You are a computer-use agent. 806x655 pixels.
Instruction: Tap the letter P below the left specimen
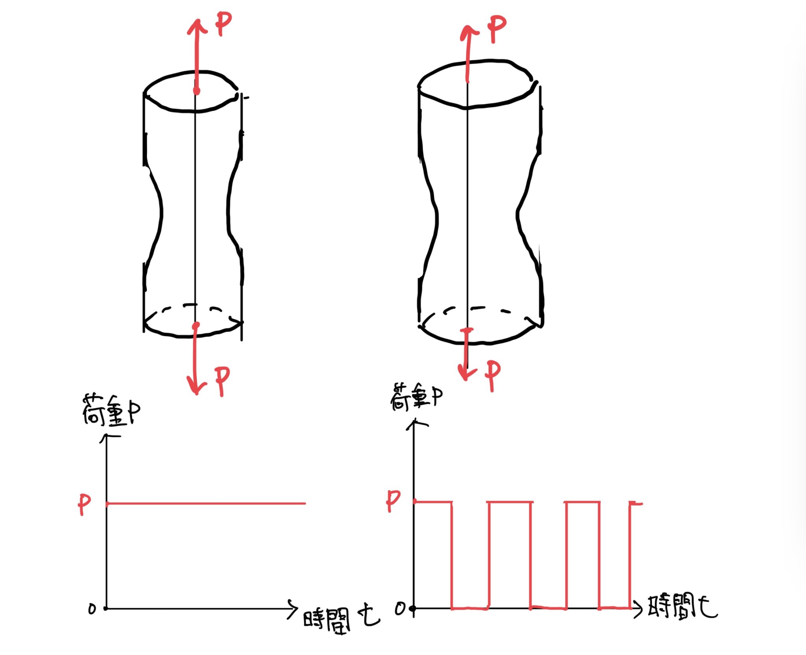[x=222, y=381]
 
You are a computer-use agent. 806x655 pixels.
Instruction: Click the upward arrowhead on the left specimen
[x=197, y=27]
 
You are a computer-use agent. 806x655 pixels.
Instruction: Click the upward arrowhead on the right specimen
[x=469, y=32]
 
